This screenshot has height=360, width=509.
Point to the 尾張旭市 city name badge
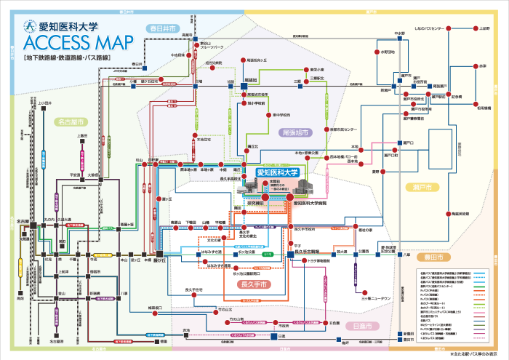[294, 133]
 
